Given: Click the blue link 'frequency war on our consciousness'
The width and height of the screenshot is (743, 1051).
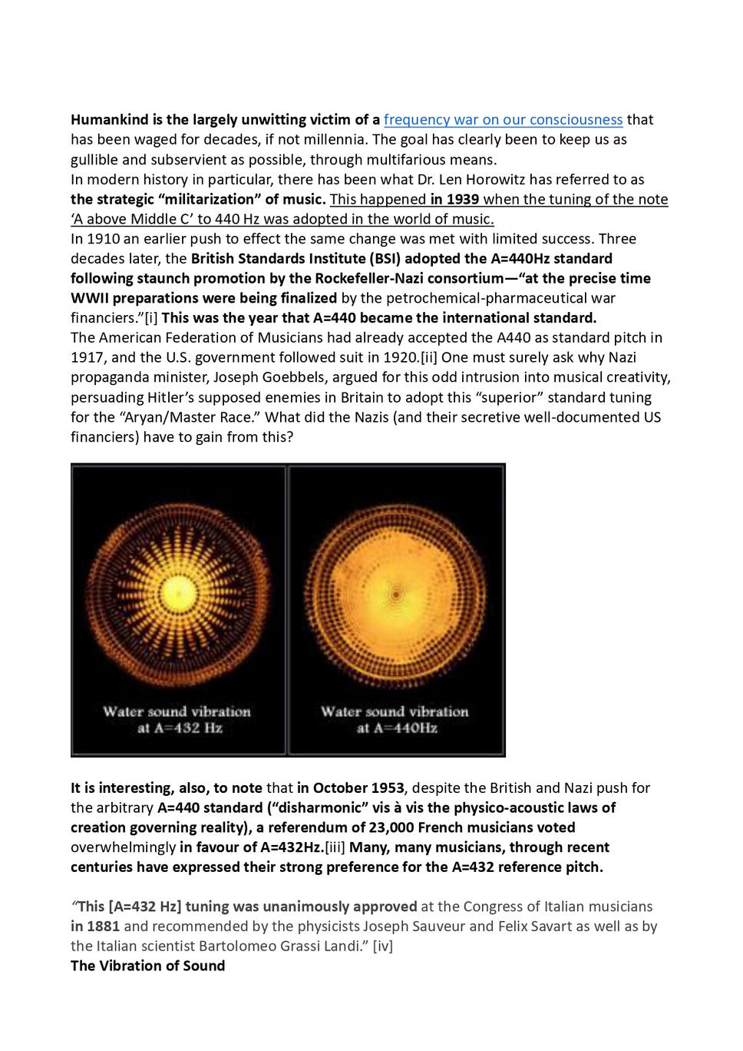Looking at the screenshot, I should click(503, 120).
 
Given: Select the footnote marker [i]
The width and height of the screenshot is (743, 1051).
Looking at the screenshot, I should click(151, 318).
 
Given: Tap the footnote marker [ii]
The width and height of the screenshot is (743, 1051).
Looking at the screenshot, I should click(429, 358).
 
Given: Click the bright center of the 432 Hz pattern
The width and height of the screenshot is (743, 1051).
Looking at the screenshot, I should click(177, 592).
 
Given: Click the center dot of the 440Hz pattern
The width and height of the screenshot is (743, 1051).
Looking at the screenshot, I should click(396, 594).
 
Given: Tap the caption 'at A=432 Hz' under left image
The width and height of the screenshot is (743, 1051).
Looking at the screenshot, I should click(180, 728).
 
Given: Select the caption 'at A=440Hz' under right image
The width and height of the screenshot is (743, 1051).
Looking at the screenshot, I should click(397, 728).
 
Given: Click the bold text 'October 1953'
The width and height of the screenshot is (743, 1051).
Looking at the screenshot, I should click(358, 788).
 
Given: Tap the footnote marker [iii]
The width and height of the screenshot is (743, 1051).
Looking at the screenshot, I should click(335, 847).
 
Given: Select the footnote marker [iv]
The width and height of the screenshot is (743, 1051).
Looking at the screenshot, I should click(383, 947).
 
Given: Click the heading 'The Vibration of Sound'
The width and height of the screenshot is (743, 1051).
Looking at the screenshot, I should click(148, 966).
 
